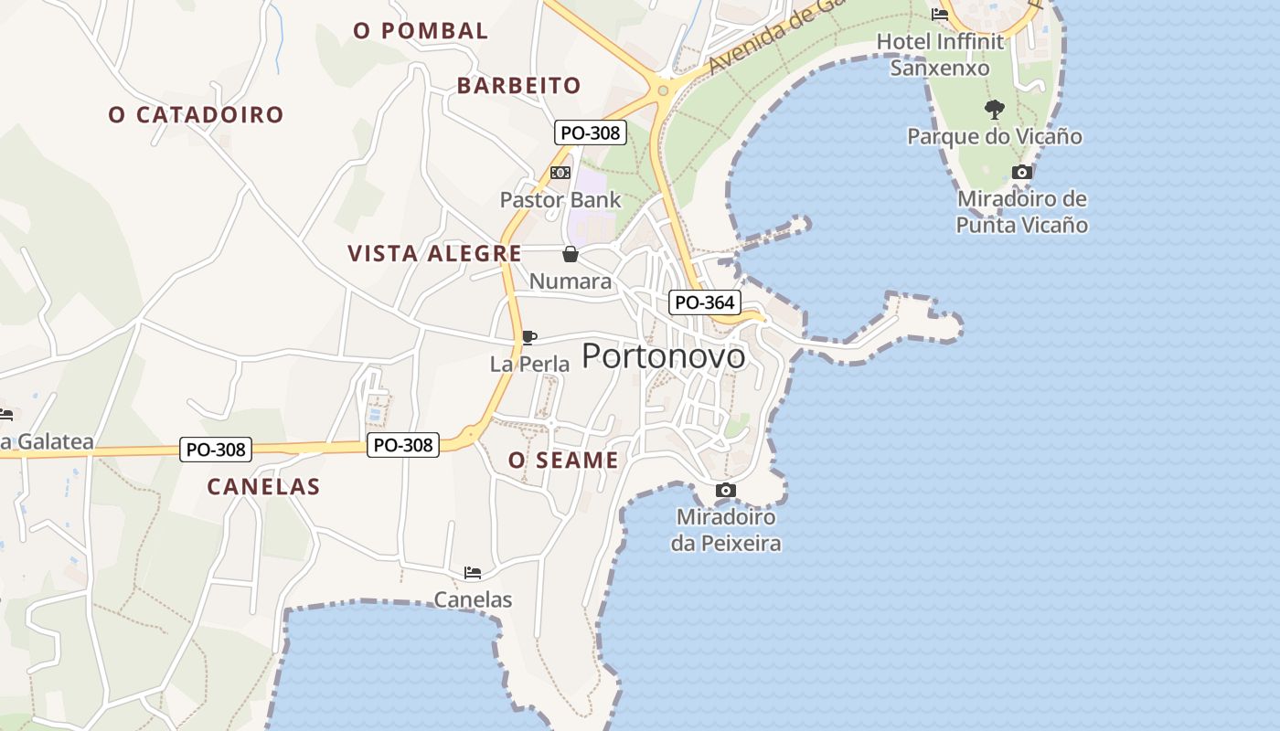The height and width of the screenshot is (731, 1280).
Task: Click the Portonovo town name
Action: [663, 355]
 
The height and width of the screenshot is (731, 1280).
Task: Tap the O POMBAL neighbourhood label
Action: [421, 30]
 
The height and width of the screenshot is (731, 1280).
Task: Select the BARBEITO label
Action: [518, 85]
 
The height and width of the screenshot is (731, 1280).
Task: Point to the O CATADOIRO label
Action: [196, 114]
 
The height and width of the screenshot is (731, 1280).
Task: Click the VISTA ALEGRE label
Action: [434, 253]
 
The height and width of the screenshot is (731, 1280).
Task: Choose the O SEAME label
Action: [563, 460]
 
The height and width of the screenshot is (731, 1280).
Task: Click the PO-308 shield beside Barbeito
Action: [590, 132]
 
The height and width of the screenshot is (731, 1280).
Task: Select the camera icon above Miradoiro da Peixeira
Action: [725, 491]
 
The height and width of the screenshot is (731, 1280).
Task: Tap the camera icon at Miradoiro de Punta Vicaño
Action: [1022, 172]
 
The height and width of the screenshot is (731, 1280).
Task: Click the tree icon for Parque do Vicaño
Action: [994, 110]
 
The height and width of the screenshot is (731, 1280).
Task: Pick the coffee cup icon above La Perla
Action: [528, 337]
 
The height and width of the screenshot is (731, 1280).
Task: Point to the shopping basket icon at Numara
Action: [571, 254]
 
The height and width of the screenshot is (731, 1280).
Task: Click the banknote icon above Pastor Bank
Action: [560, 173]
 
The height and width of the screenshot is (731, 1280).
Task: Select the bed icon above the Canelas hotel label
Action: [472, 573]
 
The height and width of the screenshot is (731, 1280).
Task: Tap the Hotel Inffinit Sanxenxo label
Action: [940, 54]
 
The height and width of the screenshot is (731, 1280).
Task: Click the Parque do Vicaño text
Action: [994, 136]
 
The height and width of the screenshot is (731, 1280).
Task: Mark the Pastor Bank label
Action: [560, 199]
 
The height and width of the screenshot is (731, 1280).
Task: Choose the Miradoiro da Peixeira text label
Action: [726, 530]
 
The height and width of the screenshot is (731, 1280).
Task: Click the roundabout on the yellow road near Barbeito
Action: [662, 90]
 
